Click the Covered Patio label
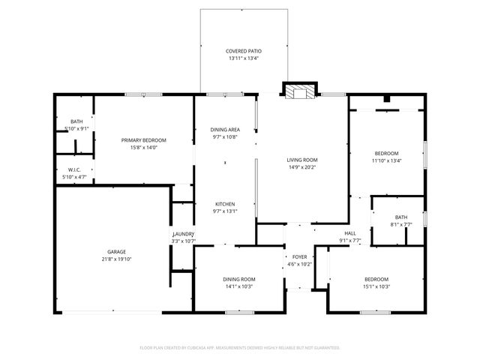tap(243, 51)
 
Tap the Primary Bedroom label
tap(144, 140)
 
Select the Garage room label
tap(116, 251)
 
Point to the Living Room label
tap(302, 160)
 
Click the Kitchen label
tap(226, 204)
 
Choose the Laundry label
tap(183, 235)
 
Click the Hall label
tap(350, 233)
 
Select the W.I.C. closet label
tap(74, 169)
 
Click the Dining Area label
tap(224, 130)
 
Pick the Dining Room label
tap(238, 279)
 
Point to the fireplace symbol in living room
tap(299, 91)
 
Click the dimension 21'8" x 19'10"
tap(116, 259)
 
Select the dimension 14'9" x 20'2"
tap(302, 167)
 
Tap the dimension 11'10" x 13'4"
tap(386, 160)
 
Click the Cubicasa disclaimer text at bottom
tap(240, 347)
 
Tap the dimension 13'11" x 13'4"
tap(243, 58)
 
